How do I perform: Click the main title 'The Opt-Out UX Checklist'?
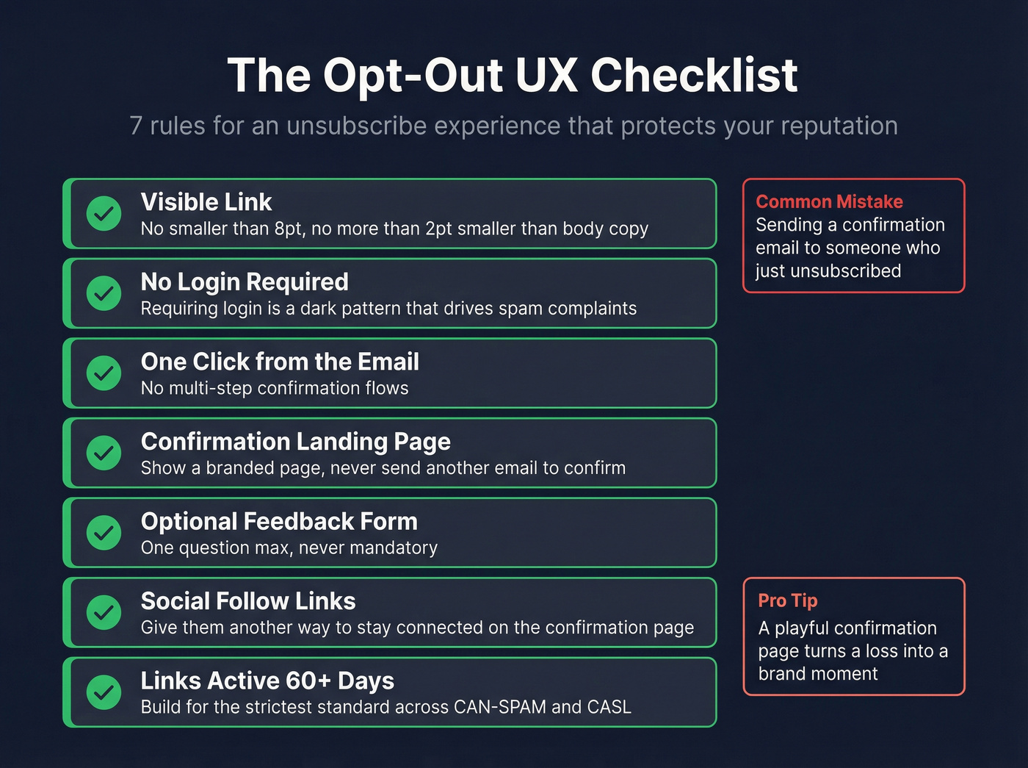[512, 75]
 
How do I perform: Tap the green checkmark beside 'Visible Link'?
[104, 213]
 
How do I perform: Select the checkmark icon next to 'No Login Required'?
[104, 293]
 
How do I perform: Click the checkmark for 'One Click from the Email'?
[104, 373]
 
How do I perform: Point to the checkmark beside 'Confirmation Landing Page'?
[104, 453]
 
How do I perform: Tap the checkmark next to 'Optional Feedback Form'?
[104, 533]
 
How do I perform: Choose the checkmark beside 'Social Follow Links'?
[104, 612]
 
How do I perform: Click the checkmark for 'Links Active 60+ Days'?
[104, 692]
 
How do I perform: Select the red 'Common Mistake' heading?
[829, 201]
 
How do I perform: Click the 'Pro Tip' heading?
[787, 600]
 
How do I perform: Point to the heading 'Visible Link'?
[206, 202]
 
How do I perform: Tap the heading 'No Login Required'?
[245, 281]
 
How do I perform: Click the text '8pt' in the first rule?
[288, 229]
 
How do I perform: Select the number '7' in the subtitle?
[136, 126]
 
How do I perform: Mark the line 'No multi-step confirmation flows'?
[275, 388]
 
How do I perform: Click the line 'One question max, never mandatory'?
[289, 548]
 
